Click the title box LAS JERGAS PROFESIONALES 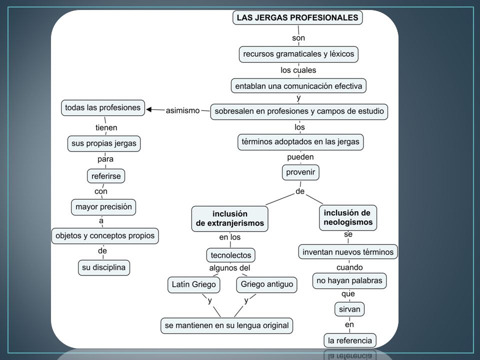(297, 17)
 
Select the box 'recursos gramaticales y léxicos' (298, 54)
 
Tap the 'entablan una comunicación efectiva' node (298, 86)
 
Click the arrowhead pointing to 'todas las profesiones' (149, 109)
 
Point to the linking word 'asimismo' (183, 110)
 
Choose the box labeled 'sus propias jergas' (104, 143)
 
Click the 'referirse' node (106, 176)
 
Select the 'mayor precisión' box (103, 207)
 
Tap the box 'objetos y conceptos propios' (105, 235)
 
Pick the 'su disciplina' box (104, 267)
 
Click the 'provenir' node (300, 172)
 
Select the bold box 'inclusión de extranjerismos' (230, 218)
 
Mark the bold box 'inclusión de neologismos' (348, 217)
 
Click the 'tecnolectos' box (231, 255)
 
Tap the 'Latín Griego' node (194, 284)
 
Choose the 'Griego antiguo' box (266, 284)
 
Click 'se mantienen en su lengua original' (227, 325)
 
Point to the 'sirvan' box (349, 309)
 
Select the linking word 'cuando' (349, 267)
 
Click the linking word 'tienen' (106, 127)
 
